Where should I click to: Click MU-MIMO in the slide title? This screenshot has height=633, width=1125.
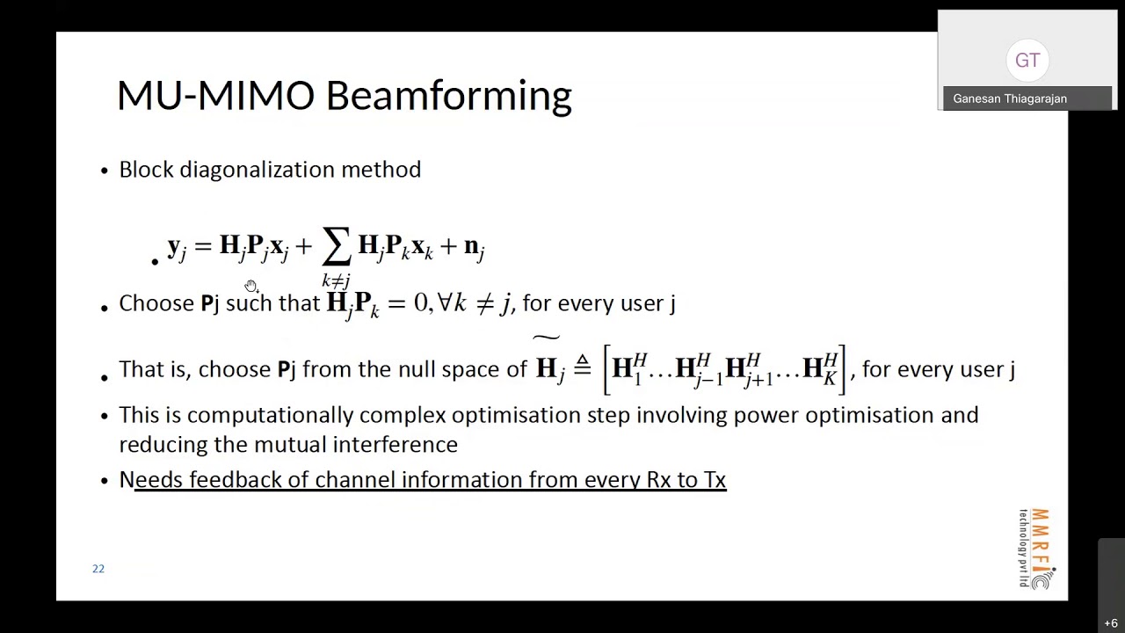click(x=215, y=96)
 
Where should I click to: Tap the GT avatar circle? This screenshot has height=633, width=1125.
click(x=1027, y=61)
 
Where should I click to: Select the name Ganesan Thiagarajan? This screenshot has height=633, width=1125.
click(x=1010, y=98)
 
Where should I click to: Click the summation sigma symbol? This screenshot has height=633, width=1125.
click(x=336, y=247)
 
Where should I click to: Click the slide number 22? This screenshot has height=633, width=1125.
click(x=98, y=569)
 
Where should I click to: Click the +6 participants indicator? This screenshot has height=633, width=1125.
click(x=1111, y=623)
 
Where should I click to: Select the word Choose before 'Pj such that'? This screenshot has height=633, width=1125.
click(x=156, y=303)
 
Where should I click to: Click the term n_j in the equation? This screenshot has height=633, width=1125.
click(x=474, y=247)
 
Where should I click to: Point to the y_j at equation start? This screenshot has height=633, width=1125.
click(x=177, y=247)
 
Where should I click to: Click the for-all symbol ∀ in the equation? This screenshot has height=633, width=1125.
click(x=445, y=302)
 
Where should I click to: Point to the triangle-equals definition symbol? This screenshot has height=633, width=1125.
click(x=582, y=367)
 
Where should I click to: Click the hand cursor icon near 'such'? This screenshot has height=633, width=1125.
click(x=251, y=286)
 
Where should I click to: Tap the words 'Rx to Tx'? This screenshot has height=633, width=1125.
click(x=686, y=480)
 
